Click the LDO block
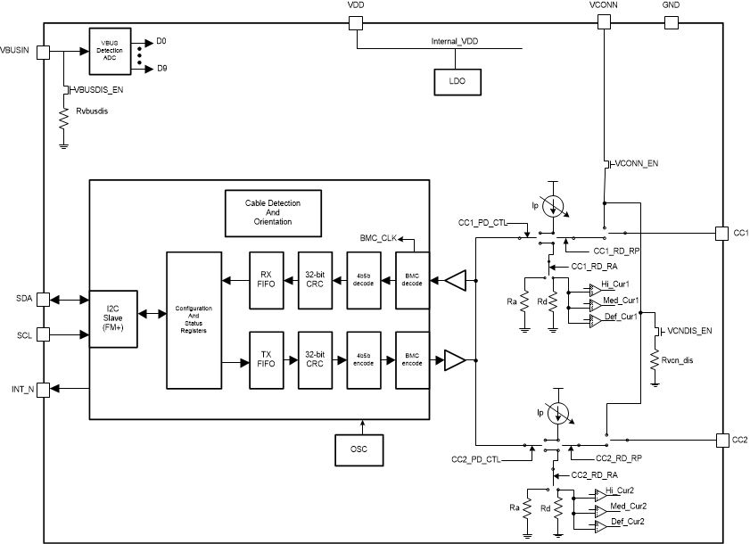click(457, 82)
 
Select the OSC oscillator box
click(359, 449)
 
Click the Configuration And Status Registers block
click(193, 320)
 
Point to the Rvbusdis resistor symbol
click(63, 120)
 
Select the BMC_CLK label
click(379, 238)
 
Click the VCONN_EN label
click(638, 164)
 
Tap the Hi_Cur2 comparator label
click(620, 490)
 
